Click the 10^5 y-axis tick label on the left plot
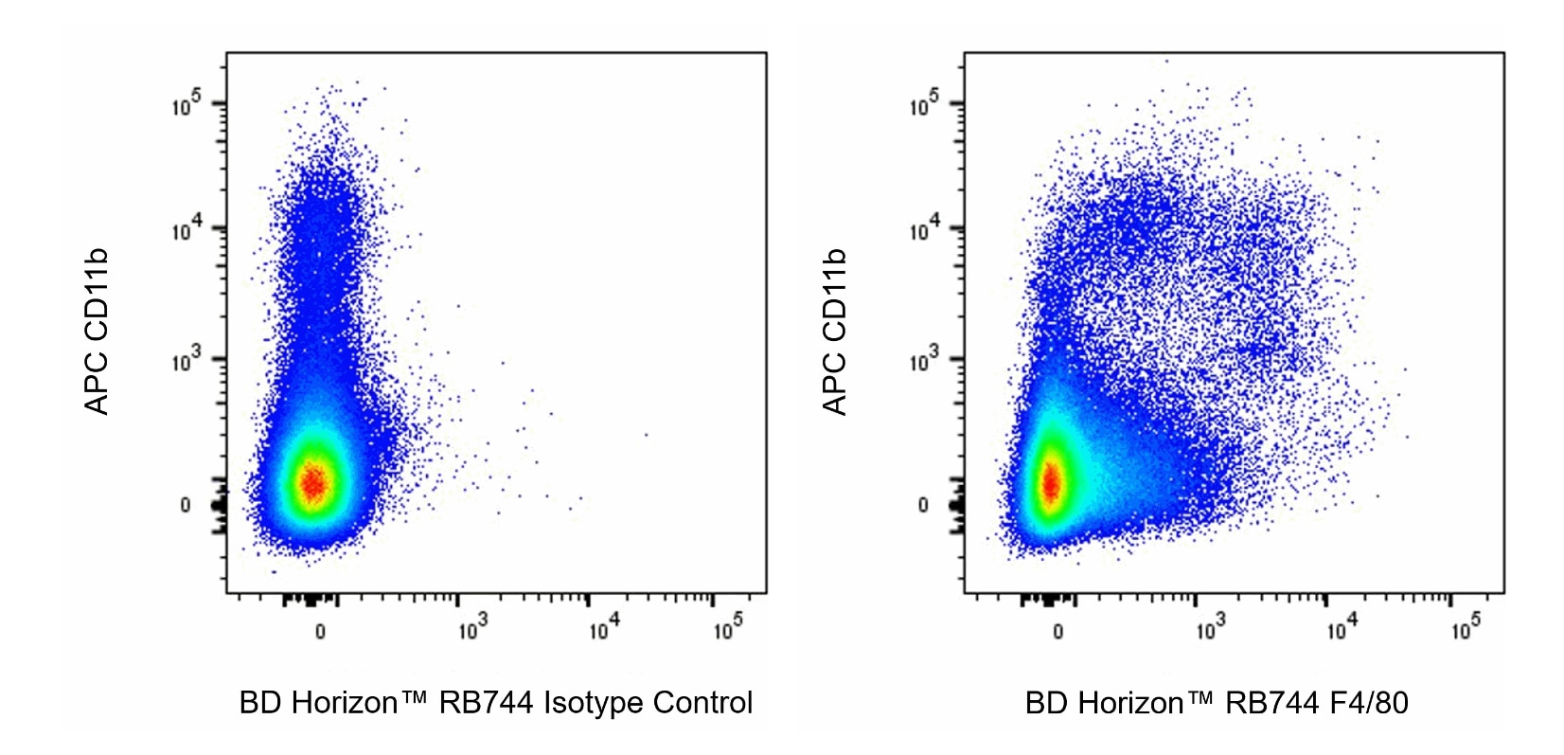click(x=187, y=103)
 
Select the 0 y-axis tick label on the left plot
click(x=186, y=505)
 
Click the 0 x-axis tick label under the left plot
click(x=320, y=632)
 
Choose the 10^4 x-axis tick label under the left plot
click(x=603, y=627)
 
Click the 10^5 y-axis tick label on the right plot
click(x=924, y=103)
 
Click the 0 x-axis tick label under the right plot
click(x=1057, y=632)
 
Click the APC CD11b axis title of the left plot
click(x=97, y=332)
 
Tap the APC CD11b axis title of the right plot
click(x=834, y=332)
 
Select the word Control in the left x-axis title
click(x=703, y=703)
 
